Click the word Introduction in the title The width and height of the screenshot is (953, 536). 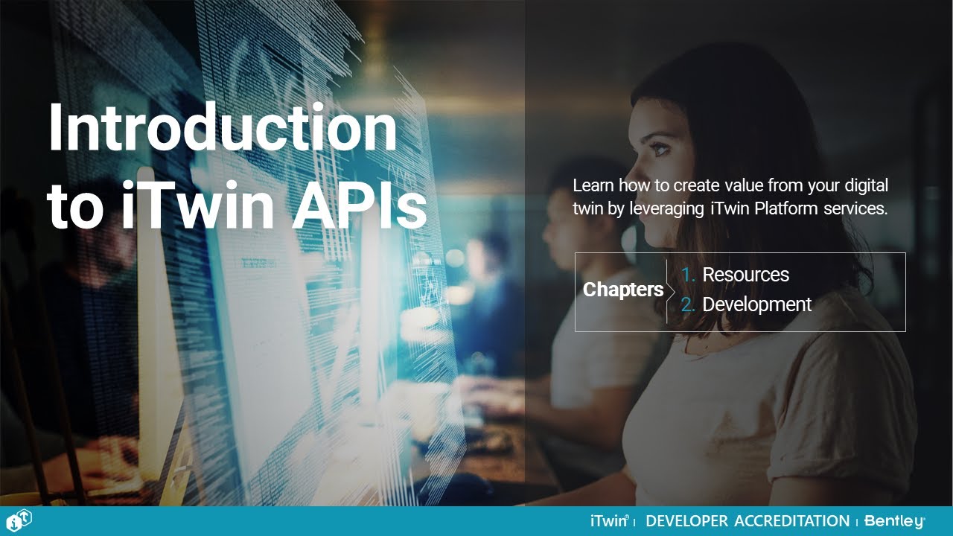click(x=222, y=128)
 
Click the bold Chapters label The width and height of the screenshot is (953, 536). click(x=623, y=290)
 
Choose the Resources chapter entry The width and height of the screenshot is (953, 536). click(x=745, y=275)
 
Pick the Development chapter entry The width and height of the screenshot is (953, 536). click(x=756, y=304)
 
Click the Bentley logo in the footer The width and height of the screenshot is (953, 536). click(x=894, y=521)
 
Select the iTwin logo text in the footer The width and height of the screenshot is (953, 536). click(x=609, y=521)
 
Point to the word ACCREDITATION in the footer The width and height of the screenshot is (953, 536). click(x=791, y=521)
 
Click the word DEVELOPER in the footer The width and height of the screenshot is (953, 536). click(x=687, y=521)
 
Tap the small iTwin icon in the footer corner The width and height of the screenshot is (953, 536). click(x=17, y=520)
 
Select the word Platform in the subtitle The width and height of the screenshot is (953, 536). click(x=786, y=208)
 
